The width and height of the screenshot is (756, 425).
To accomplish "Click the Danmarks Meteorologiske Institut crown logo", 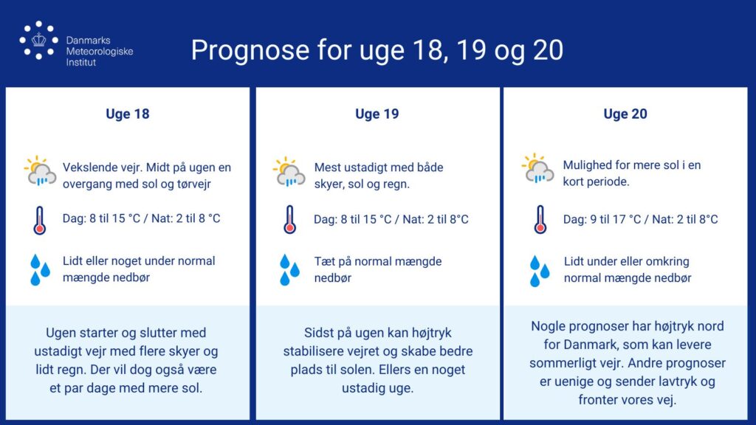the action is [x=38, y=40].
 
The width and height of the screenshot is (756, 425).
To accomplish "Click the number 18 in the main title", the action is [x=427, y=50].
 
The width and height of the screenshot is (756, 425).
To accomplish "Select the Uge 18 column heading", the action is [x=128, y=114].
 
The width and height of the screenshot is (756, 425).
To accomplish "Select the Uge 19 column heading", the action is [x=377, y=114].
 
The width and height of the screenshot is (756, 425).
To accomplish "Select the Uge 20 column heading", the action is [x=625, y=114].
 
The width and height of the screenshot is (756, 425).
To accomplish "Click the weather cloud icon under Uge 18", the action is [x=41, y=171].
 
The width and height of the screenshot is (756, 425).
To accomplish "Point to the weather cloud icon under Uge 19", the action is [x=289, y=171].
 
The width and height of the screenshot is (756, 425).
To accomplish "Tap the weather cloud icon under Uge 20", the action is [x=538, y=168].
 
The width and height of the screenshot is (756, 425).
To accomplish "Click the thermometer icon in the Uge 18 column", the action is [x=40, y=220].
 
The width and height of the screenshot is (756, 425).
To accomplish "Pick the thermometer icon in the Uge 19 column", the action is [x=289, y=220].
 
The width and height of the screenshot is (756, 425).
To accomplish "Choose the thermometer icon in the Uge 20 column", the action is [x=540, y=220].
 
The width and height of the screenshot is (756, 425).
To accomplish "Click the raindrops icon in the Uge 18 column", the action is [x=40, y=270].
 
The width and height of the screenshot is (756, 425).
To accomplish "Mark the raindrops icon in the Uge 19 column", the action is [x=289, y=270].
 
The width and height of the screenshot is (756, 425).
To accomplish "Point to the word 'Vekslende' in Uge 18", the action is [x=89, y=167].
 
